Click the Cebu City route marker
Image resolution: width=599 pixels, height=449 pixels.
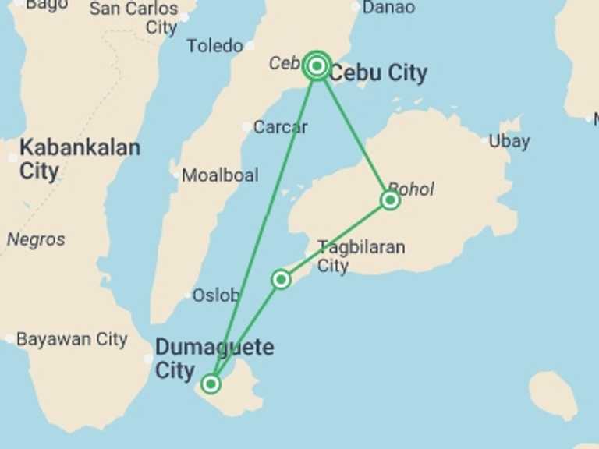coord(317,66)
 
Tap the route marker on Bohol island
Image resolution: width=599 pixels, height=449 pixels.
coord(390,200)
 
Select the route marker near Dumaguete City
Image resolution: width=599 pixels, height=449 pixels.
coord(211,384)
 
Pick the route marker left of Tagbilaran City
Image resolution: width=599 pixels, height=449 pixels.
coord(281,279)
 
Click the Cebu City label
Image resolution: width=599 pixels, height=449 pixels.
coord(377,73)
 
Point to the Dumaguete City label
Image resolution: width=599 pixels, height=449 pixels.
coord(214,358)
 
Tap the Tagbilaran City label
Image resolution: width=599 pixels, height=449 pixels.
coord(361,256)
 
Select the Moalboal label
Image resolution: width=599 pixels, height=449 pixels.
coord(219,175)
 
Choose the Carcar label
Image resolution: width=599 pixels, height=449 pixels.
coord(281,126)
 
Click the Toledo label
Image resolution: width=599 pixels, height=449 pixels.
coord(214,46)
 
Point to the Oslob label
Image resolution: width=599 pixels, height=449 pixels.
coord(216,295)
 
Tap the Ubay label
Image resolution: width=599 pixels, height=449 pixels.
coord(509,141)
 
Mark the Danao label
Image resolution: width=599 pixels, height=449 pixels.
coord(389,8)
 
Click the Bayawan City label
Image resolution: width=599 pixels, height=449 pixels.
coord(71,339)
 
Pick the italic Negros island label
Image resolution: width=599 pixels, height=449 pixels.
coord(36,239)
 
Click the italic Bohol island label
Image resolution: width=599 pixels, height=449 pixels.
coord(410,189)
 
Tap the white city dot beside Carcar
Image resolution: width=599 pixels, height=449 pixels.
coord(247,126)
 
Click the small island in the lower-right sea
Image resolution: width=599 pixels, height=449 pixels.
coord(553,394)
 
